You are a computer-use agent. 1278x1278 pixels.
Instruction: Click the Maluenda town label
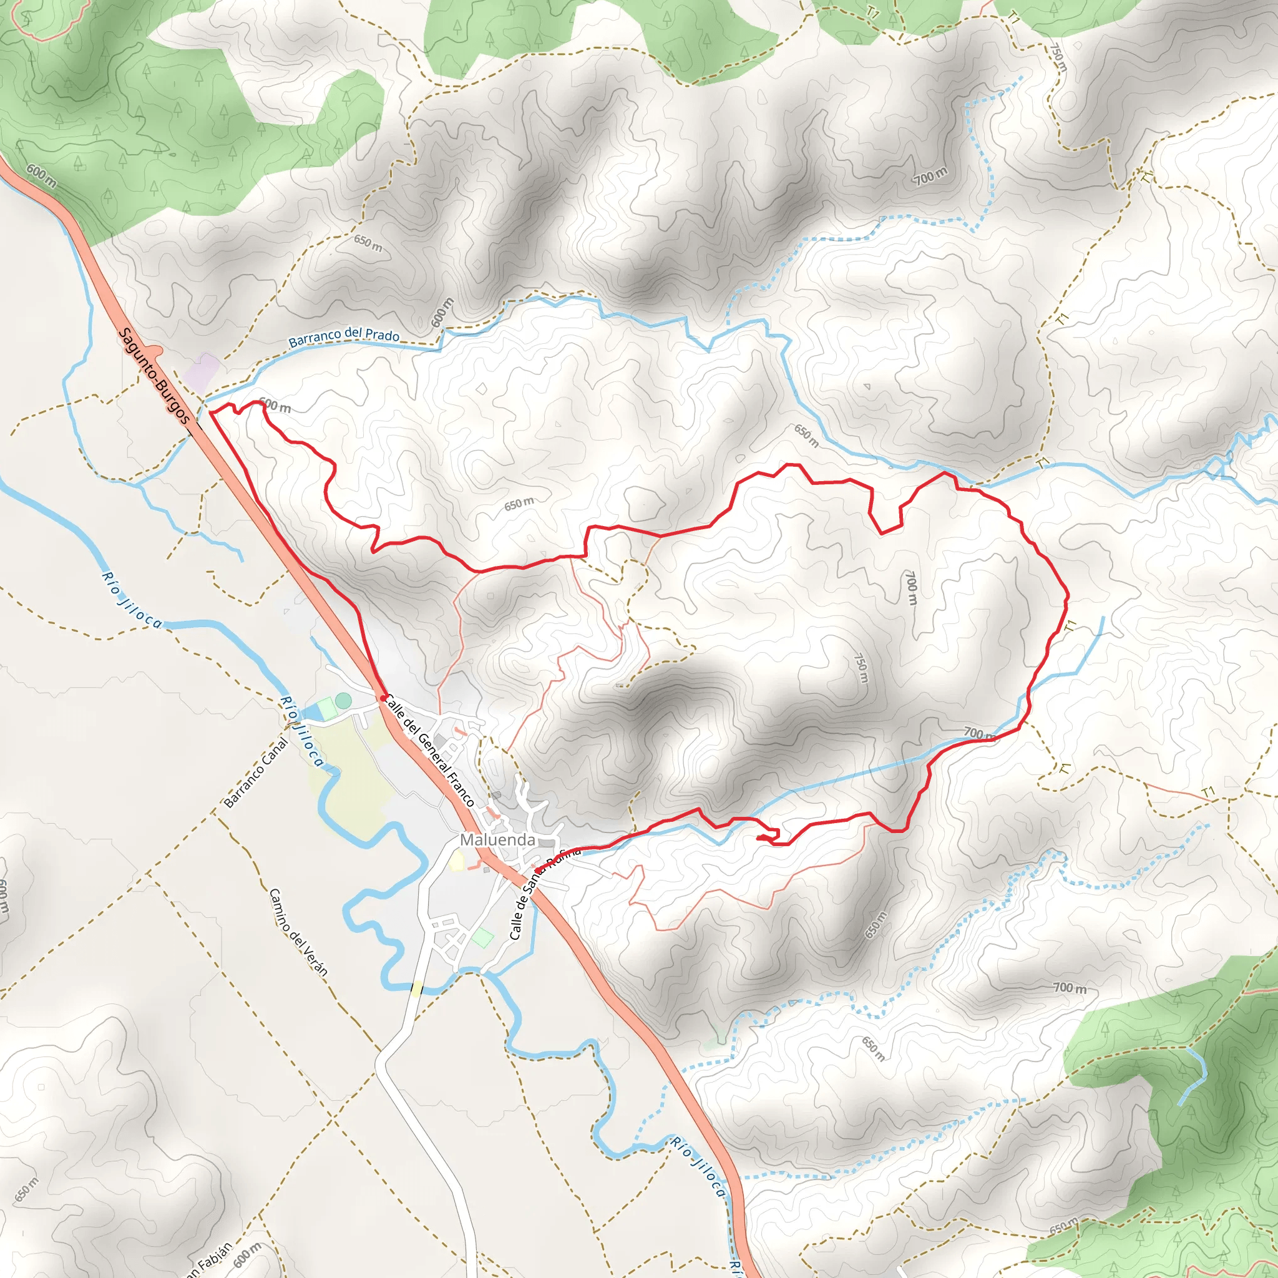497,839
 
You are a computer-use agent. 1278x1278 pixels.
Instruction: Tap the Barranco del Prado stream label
344,337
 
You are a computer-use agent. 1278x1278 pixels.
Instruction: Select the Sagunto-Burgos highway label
154,376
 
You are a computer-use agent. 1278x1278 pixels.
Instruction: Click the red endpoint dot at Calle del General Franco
384,698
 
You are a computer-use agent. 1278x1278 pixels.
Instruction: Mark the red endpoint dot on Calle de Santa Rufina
537,870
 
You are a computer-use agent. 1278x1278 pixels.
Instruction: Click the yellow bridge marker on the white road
416,988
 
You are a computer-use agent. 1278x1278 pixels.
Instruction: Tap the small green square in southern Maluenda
483,937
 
